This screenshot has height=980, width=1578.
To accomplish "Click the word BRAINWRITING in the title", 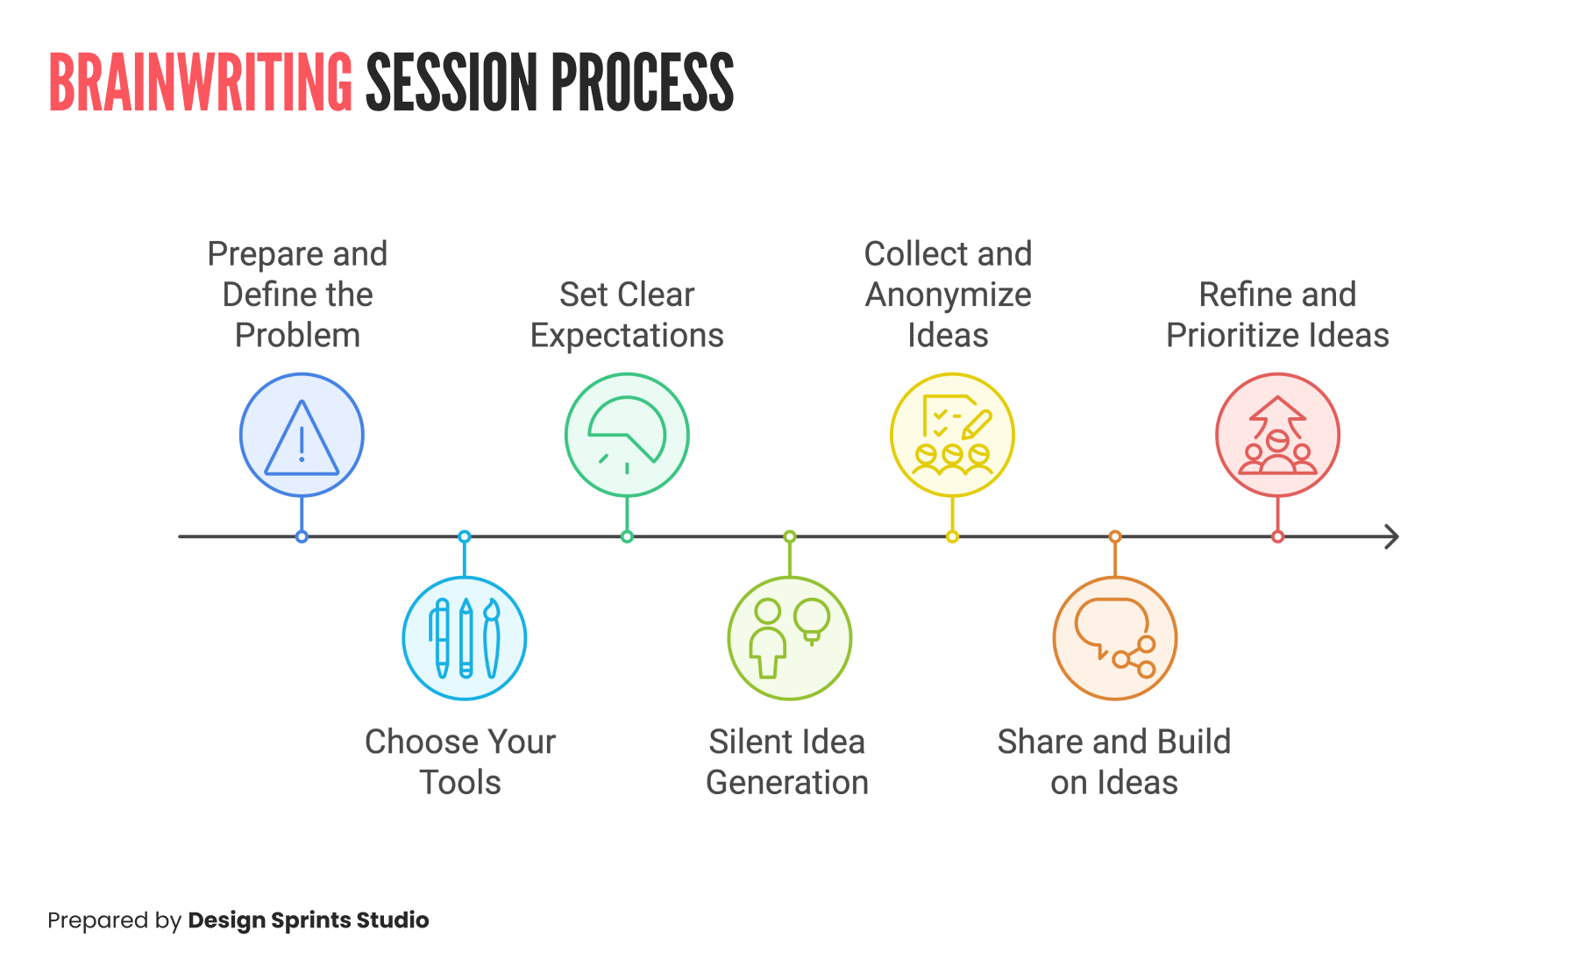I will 200,83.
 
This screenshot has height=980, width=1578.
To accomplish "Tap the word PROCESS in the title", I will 642,83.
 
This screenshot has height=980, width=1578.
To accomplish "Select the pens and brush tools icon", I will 465,638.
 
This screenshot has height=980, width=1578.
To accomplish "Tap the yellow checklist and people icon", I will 952,436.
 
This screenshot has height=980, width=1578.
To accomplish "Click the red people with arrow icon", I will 1277,436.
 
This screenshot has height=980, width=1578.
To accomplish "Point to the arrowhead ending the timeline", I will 1391,536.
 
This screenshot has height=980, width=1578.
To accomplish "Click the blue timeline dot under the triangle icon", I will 302,536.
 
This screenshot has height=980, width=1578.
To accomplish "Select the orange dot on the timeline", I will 1114,536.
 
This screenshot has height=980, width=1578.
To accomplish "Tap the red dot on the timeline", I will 1277,536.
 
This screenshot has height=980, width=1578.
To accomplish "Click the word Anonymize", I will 948,295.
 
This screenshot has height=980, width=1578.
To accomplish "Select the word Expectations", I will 627,336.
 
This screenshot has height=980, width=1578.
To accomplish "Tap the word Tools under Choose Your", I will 460,783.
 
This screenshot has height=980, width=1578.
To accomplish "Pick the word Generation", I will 787,783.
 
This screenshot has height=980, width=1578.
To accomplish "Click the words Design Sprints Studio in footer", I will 309,920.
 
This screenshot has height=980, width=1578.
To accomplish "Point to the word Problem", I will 297,336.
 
